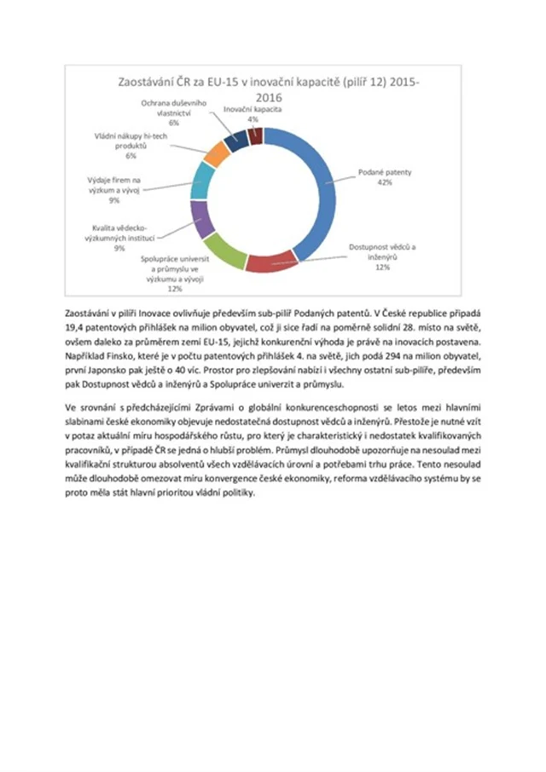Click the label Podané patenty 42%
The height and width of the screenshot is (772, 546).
[x=385, y=177]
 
